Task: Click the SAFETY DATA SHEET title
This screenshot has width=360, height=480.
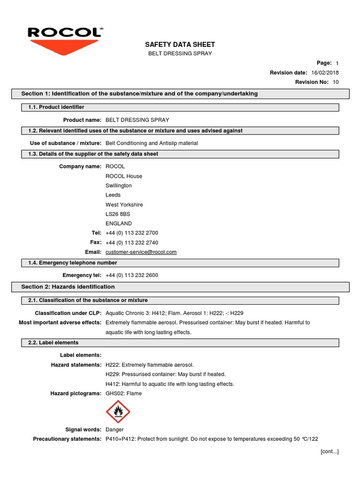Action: (x=180, y=45)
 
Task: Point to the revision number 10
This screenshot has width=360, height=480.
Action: (x=336, y=82)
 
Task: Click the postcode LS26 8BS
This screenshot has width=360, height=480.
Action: (x=118, y=214)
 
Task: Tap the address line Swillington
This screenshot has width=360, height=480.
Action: (x=119, y=186)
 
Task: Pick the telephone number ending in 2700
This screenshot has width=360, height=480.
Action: (x=132, y=233)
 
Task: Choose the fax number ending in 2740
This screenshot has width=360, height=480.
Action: (x=132, y=243)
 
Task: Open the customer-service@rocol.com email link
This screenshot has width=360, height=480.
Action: (x=141, y=252)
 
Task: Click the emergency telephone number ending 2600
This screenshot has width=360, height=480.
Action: (x=132, y=275)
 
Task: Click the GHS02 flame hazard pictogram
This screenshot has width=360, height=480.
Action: (x=118, y=412)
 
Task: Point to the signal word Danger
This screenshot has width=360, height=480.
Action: (x=115, y=429)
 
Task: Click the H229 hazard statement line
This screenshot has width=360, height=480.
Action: (x=165, y=375)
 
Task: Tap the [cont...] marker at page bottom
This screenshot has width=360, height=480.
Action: (x=330, y=451)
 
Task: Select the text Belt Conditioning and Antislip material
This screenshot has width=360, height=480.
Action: (x=152, y=143)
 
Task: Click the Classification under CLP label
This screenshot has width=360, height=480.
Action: (x=68, y=313)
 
